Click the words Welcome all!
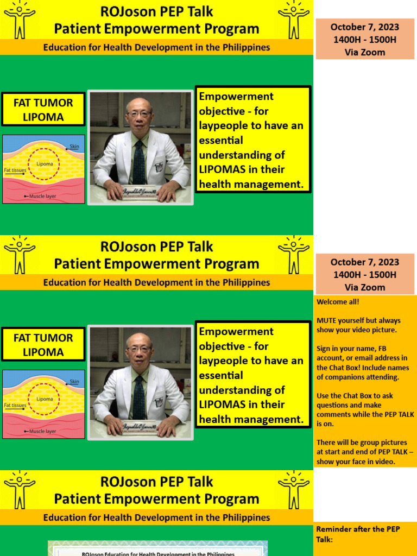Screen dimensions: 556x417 pos(338,302)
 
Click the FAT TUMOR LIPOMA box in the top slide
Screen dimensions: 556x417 pos(43,109)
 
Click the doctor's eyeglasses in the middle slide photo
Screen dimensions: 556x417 pos(139,349)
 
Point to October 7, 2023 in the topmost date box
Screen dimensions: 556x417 pos(365,27)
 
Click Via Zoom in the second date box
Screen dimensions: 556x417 pos(365,287)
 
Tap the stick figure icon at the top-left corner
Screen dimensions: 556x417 pos(20,20)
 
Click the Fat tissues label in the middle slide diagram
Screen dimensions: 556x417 pos(15,405)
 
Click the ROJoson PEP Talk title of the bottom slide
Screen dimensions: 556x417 pos(156,482)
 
